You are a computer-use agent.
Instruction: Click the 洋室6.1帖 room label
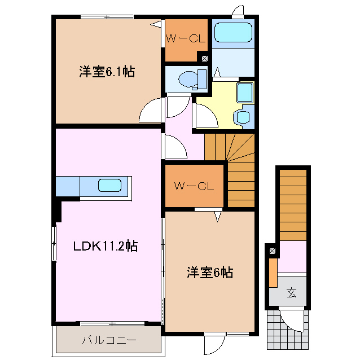107,72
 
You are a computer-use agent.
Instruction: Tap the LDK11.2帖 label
106,246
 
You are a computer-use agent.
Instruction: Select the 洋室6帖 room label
210,273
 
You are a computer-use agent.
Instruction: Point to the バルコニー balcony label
109,340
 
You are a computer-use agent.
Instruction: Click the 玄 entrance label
292,293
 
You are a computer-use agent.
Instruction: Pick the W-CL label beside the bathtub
186,38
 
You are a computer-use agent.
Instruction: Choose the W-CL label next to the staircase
194,186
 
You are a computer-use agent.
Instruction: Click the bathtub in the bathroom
233,32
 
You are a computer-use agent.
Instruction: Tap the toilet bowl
188,80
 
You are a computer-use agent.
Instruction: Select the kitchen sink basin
109,185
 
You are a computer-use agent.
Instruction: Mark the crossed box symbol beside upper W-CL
205,59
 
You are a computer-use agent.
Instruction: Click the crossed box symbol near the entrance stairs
273,251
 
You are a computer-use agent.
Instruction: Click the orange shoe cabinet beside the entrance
273,273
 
